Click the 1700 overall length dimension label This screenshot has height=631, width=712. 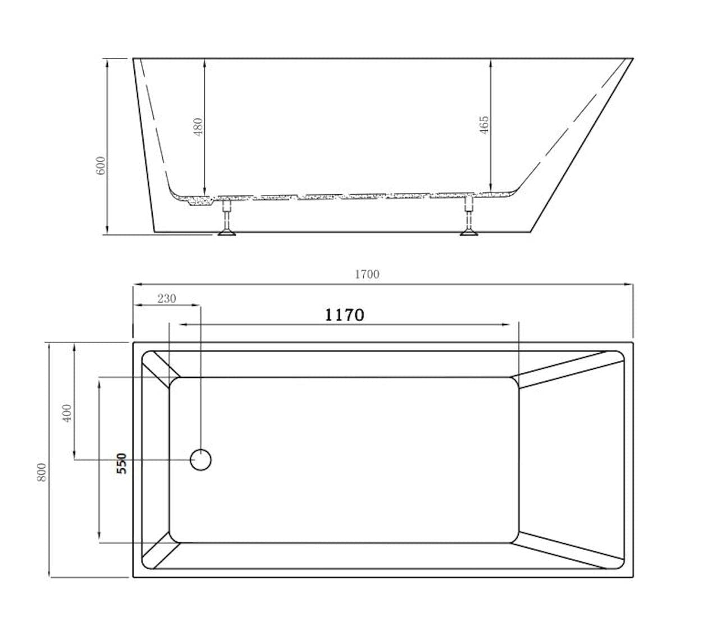point(367,274)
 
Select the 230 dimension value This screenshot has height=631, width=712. point(166,298)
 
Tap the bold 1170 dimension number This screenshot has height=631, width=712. point(344,315)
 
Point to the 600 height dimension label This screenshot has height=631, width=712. point(101,165)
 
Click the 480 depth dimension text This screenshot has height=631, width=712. point(198,127)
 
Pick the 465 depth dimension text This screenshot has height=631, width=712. point(484,125)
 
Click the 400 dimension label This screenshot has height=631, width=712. point(67,413)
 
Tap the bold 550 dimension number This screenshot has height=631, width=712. point(121,464)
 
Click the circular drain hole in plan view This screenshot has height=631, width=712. point(200,460)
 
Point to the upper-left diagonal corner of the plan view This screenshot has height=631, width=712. point(161,369)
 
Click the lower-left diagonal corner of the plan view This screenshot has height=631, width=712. point(161,550)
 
